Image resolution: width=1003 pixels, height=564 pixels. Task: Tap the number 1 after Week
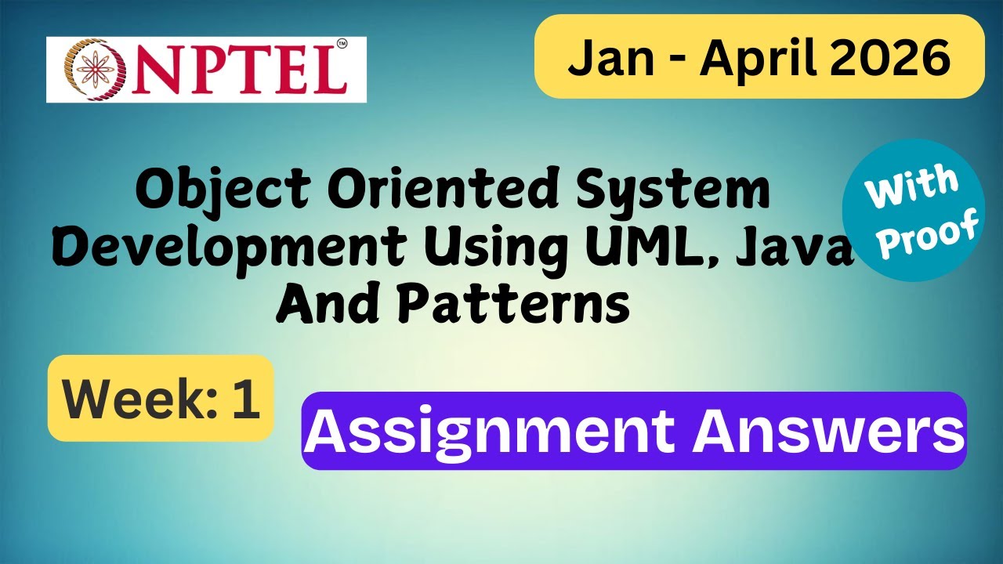(x=244, y=399)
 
